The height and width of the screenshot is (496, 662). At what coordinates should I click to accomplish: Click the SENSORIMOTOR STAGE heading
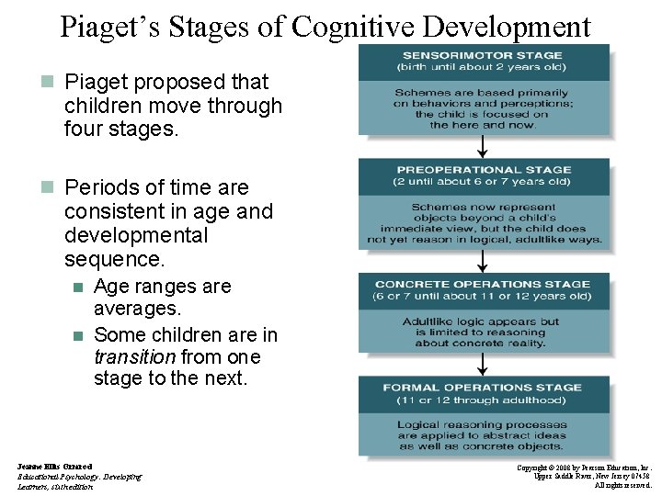[x=484, y=55]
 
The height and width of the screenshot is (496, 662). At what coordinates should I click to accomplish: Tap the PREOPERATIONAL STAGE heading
[x=484, y=170]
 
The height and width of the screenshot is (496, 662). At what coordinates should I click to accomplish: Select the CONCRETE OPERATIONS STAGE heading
[x=484, y=285]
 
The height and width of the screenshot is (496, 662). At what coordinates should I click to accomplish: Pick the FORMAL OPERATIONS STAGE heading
[x=484, y=388]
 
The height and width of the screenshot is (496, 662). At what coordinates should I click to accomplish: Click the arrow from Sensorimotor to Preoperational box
[x=484, y=147]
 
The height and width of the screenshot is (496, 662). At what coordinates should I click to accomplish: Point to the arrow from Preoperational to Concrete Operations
[x=484, y=262]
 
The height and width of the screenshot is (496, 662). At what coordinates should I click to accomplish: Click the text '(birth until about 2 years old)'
[x=484, y=67]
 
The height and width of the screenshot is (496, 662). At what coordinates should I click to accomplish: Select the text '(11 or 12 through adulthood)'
[x=484, y=400]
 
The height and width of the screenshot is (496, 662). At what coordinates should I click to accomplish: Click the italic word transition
[x=134, y=356]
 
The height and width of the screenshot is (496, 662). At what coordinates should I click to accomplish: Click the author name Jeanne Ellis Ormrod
[x=55, y=467]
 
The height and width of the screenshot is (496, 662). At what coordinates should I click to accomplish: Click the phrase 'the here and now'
[x=484, y=125]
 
